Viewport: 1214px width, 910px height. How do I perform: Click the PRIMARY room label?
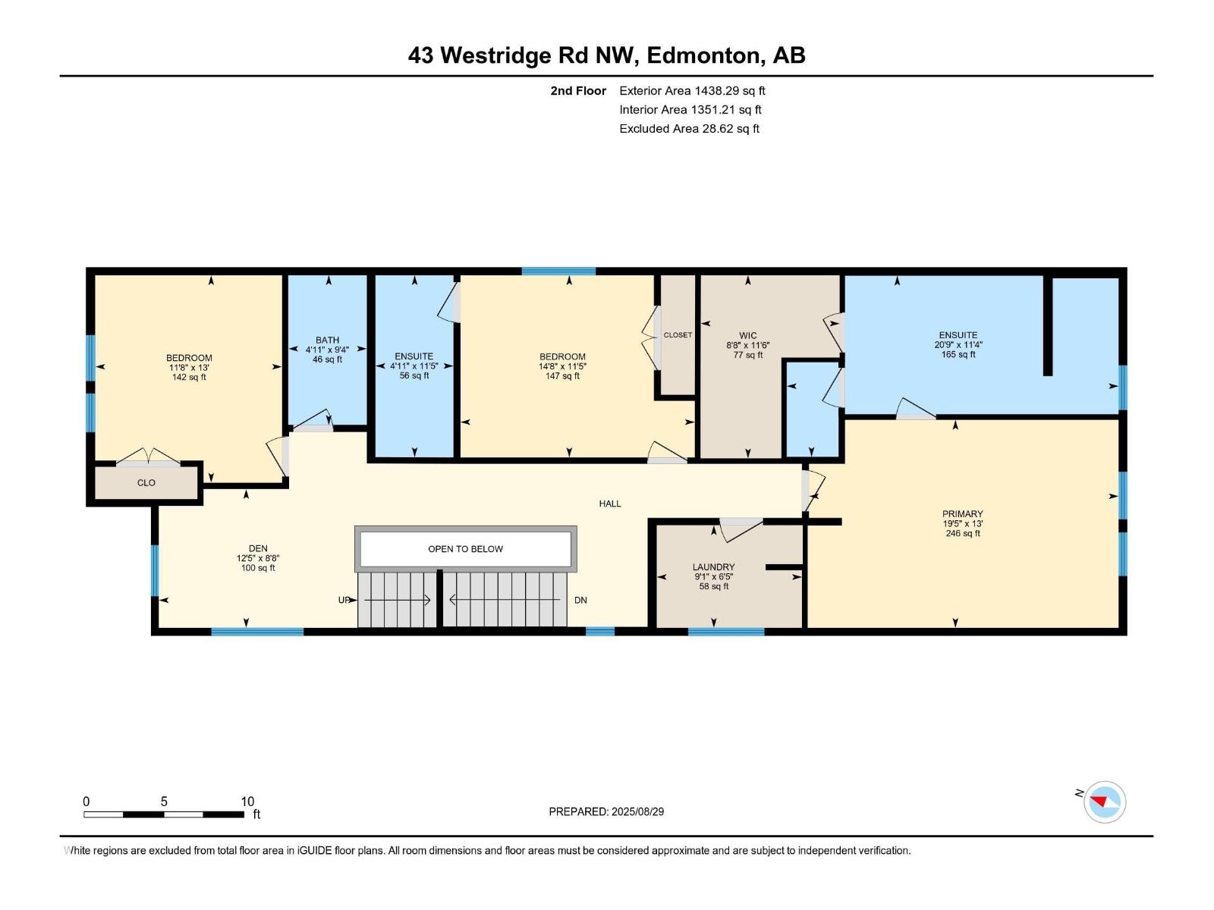[x=962, y=513]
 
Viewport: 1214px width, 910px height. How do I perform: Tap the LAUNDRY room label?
[x=713, y=566]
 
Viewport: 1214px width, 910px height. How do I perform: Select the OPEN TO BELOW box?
[x=465, y=549]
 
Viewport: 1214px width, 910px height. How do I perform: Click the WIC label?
[x=748, y=335]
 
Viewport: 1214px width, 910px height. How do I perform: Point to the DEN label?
[x=258, y=548]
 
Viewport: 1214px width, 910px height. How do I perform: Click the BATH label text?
[x=328, y=340]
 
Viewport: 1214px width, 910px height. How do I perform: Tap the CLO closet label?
[x=146, y=482]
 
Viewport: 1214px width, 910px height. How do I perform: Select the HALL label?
[x=610, y=504]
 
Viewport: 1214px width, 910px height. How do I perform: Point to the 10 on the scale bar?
[x=247, y=802]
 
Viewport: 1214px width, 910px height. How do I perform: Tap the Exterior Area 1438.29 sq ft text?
[x=692, y=91]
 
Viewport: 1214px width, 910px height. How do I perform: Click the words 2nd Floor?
[x=578, y=91]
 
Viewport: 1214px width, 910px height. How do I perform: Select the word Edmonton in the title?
[x=703, y=55]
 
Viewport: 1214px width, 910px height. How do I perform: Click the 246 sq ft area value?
[x=962, y=533]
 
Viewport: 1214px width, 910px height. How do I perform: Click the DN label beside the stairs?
[x=580, y=600]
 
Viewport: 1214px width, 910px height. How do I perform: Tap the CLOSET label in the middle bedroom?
[x=678, y=335]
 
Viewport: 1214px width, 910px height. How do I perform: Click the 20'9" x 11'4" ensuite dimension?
[x=958, y=344]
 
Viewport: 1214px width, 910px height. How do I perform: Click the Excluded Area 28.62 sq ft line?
[x=689, y=129]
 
